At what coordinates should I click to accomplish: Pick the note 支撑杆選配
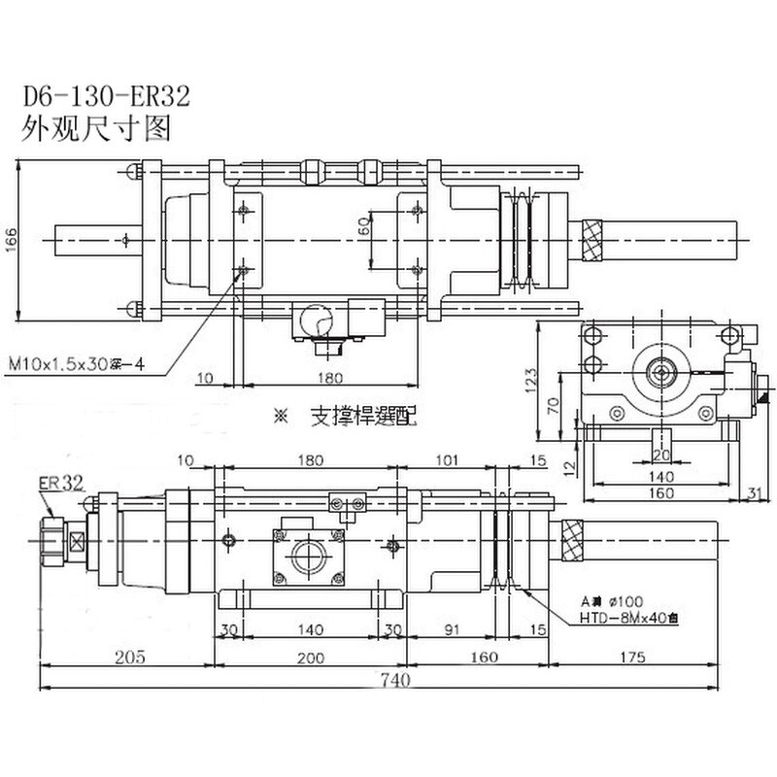[360, 418]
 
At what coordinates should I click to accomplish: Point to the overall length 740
[388, 681]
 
